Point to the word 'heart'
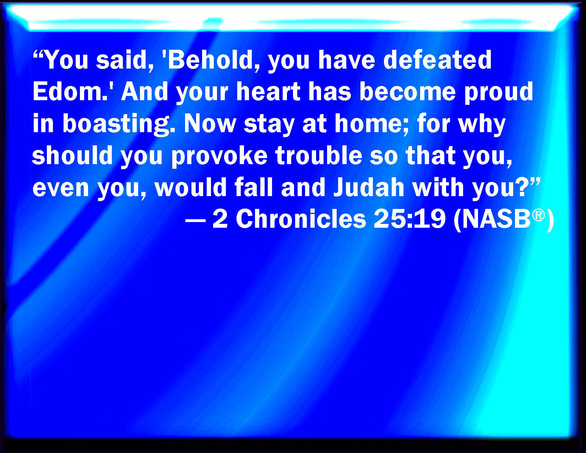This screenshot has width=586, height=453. pyautogui.click(x=268, y=91)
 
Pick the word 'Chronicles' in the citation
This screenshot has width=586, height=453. pyautogui.click(x=301, y=219)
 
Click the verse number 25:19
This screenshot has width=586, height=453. pyautogui.click(x=409, y=219)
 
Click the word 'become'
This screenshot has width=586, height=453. pyautogui.click(x=408, y=91)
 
